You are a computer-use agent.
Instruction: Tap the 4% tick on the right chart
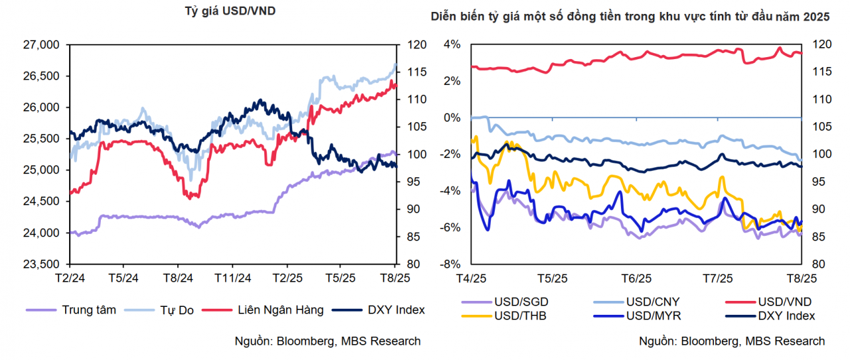[452, 45]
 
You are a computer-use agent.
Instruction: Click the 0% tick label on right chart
[452, 118]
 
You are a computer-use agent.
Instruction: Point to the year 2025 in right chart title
[816, 17]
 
